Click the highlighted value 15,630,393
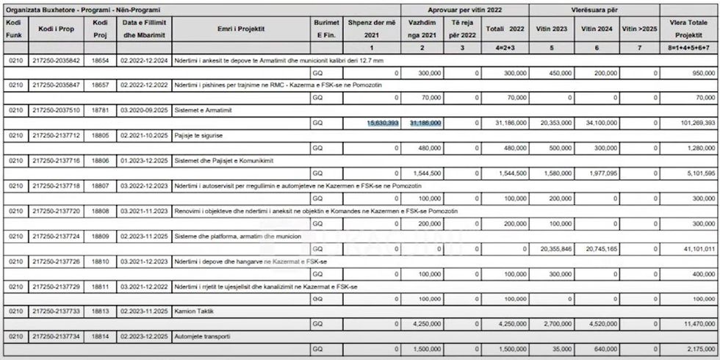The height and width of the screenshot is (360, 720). (383, 123)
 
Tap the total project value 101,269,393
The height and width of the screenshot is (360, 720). (694, 123)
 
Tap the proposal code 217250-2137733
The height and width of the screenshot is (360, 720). (57, 310)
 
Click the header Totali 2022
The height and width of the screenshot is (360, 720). (505, 29)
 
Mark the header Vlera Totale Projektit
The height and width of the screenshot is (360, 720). (688, 29)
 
